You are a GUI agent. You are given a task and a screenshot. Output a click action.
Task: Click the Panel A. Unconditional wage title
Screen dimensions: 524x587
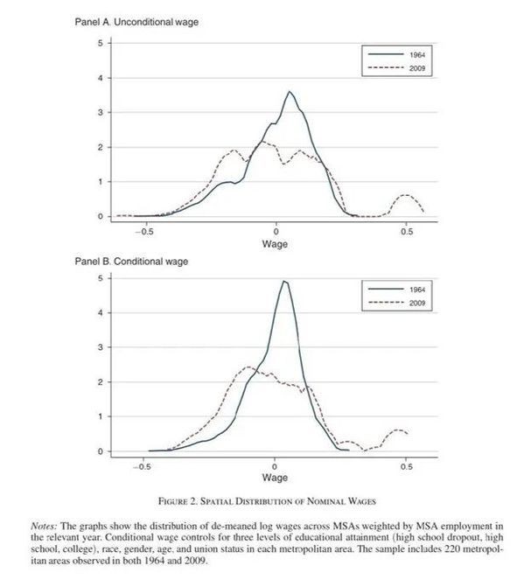coord(136,22)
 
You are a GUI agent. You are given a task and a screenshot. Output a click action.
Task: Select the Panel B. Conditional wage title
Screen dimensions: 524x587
coord(131,262)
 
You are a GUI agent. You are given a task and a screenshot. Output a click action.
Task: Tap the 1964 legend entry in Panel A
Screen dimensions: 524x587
coord(397,54)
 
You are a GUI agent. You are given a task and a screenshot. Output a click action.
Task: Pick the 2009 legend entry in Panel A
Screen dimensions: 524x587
coord(397,68)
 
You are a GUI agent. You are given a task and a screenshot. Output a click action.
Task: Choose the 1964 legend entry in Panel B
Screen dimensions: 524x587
coord(397,290)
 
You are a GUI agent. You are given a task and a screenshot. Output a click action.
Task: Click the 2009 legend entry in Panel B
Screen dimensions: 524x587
coord(397,303)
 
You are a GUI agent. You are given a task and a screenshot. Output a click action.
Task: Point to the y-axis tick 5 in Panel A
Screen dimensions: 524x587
coord(100,43)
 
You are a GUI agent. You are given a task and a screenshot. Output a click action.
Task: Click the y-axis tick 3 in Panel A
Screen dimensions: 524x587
coord(100,112)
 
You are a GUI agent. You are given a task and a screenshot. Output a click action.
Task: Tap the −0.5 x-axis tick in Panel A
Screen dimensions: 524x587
coord(144,231)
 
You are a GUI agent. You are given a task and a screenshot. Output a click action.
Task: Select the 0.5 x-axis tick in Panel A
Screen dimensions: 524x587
coord(407,231)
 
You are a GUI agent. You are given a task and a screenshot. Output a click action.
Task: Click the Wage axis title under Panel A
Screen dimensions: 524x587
coord(275,244)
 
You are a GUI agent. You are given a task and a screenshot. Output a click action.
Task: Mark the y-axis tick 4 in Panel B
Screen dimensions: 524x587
coord(100,312)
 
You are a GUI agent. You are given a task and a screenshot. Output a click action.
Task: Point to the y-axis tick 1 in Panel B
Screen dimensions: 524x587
coord(100,416)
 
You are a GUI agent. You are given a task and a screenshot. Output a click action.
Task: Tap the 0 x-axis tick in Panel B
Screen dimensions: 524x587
coord(275,466)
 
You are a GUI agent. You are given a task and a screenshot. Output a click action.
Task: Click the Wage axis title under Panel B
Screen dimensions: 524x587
coord(275,478)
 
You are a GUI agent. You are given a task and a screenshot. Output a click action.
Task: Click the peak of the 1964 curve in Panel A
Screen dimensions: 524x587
coord(290,92)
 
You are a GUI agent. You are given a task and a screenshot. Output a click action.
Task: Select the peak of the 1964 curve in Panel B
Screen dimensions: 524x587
coord(284,281)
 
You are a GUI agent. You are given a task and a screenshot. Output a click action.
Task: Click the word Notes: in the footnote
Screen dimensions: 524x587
coord(44,526)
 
